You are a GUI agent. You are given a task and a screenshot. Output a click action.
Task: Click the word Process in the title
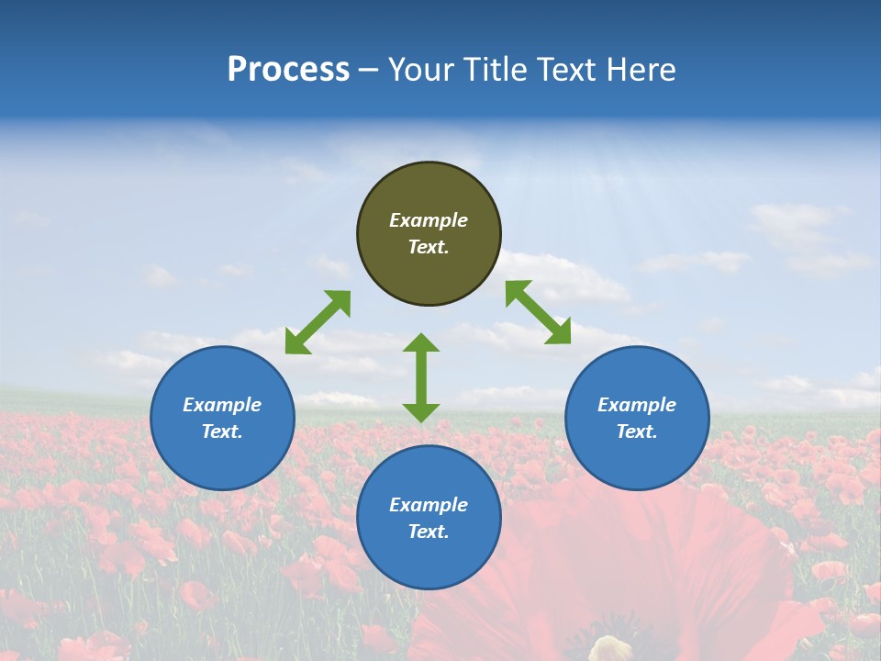coord(288,70)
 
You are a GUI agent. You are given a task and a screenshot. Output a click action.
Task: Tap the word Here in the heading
coord(641,70)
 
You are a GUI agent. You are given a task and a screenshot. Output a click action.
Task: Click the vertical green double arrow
coord(421,377)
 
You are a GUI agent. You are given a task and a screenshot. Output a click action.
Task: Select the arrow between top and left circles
coord(318,322)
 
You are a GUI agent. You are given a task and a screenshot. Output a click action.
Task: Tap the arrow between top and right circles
coord(538,313)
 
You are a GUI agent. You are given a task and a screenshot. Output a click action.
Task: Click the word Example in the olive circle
coord(429,220)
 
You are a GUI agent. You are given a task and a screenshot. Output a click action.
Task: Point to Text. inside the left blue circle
coord(222,431)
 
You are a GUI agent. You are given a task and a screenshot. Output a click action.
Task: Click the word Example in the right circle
coord(637,405)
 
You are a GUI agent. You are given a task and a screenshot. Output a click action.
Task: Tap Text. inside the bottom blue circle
coord(429,532)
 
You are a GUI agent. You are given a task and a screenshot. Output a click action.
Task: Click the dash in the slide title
coord(369,70)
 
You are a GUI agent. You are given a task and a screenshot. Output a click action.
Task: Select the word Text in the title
coord(569,70)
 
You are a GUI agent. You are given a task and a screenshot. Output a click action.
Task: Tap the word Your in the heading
coord(420,70)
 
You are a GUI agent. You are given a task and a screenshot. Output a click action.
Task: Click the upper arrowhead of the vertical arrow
coord(421,343)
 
